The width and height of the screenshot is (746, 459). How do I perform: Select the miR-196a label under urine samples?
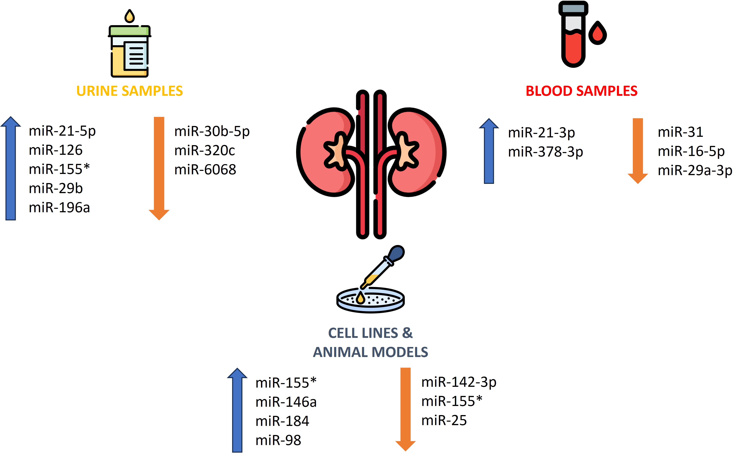click(59, 208)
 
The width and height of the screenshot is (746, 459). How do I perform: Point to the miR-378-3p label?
click(545, 152)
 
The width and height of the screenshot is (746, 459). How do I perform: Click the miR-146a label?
click(286, 402)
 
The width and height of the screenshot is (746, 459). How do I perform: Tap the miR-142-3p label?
click(459, 382)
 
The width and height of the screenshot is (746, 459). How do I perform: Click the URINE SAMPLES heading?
click(129, 91)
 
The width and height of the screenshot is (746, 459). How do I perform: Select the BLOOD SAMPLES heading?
click(581, 91)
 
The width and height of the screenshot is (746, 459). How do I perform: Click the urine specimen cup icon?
click(129, 52)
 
